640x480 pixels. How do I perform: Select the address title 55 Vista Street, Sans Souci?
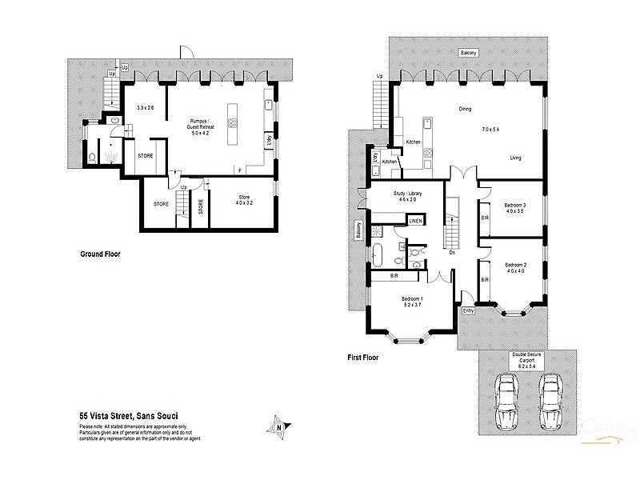[128, 415]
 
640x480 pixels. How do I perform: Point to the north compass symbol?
[278, 425]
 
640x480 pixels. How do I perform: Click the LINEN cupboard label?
[416, 220]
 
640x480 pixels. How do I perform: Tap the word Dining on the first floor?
[465, 109]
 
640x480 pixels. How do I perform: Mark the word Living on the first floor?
[515, 158]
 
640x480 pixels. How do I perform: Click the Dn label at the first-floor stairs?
[452, 253]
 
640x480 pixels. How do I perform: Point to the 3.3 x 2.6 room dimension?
[145, 107]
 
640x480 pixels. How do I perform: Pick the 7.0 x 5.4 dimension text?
[490, 130]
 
